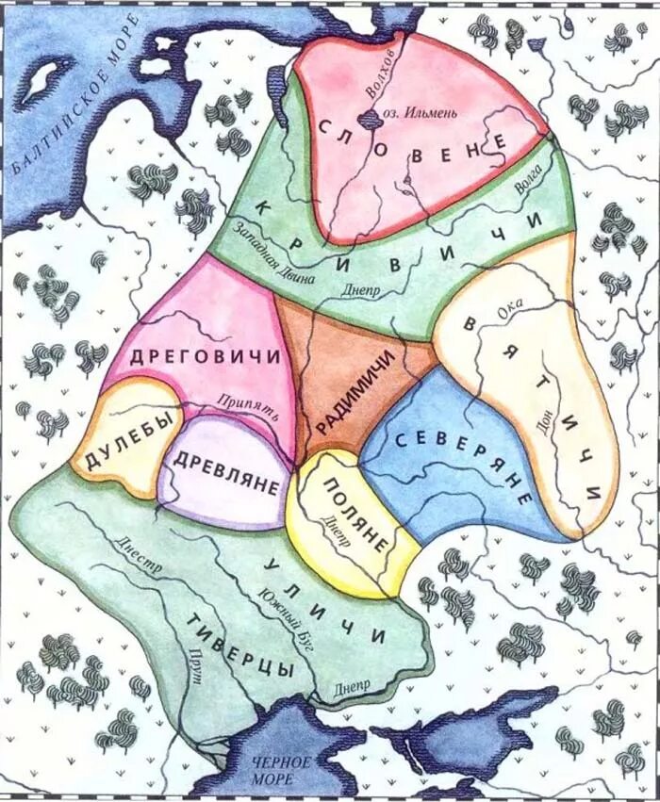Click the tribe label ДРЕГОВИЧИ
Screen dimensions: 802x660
coord(205,357)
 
